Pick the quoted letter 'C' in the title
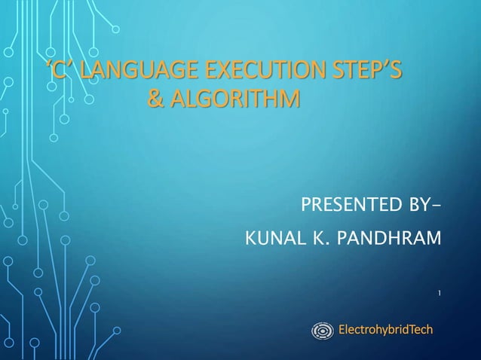tap(61, 72)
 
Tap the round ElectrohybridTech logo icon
tap(322, 330)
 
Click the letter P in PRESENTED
tap(306, 205)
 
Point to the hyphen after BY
tap(438, 206)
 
